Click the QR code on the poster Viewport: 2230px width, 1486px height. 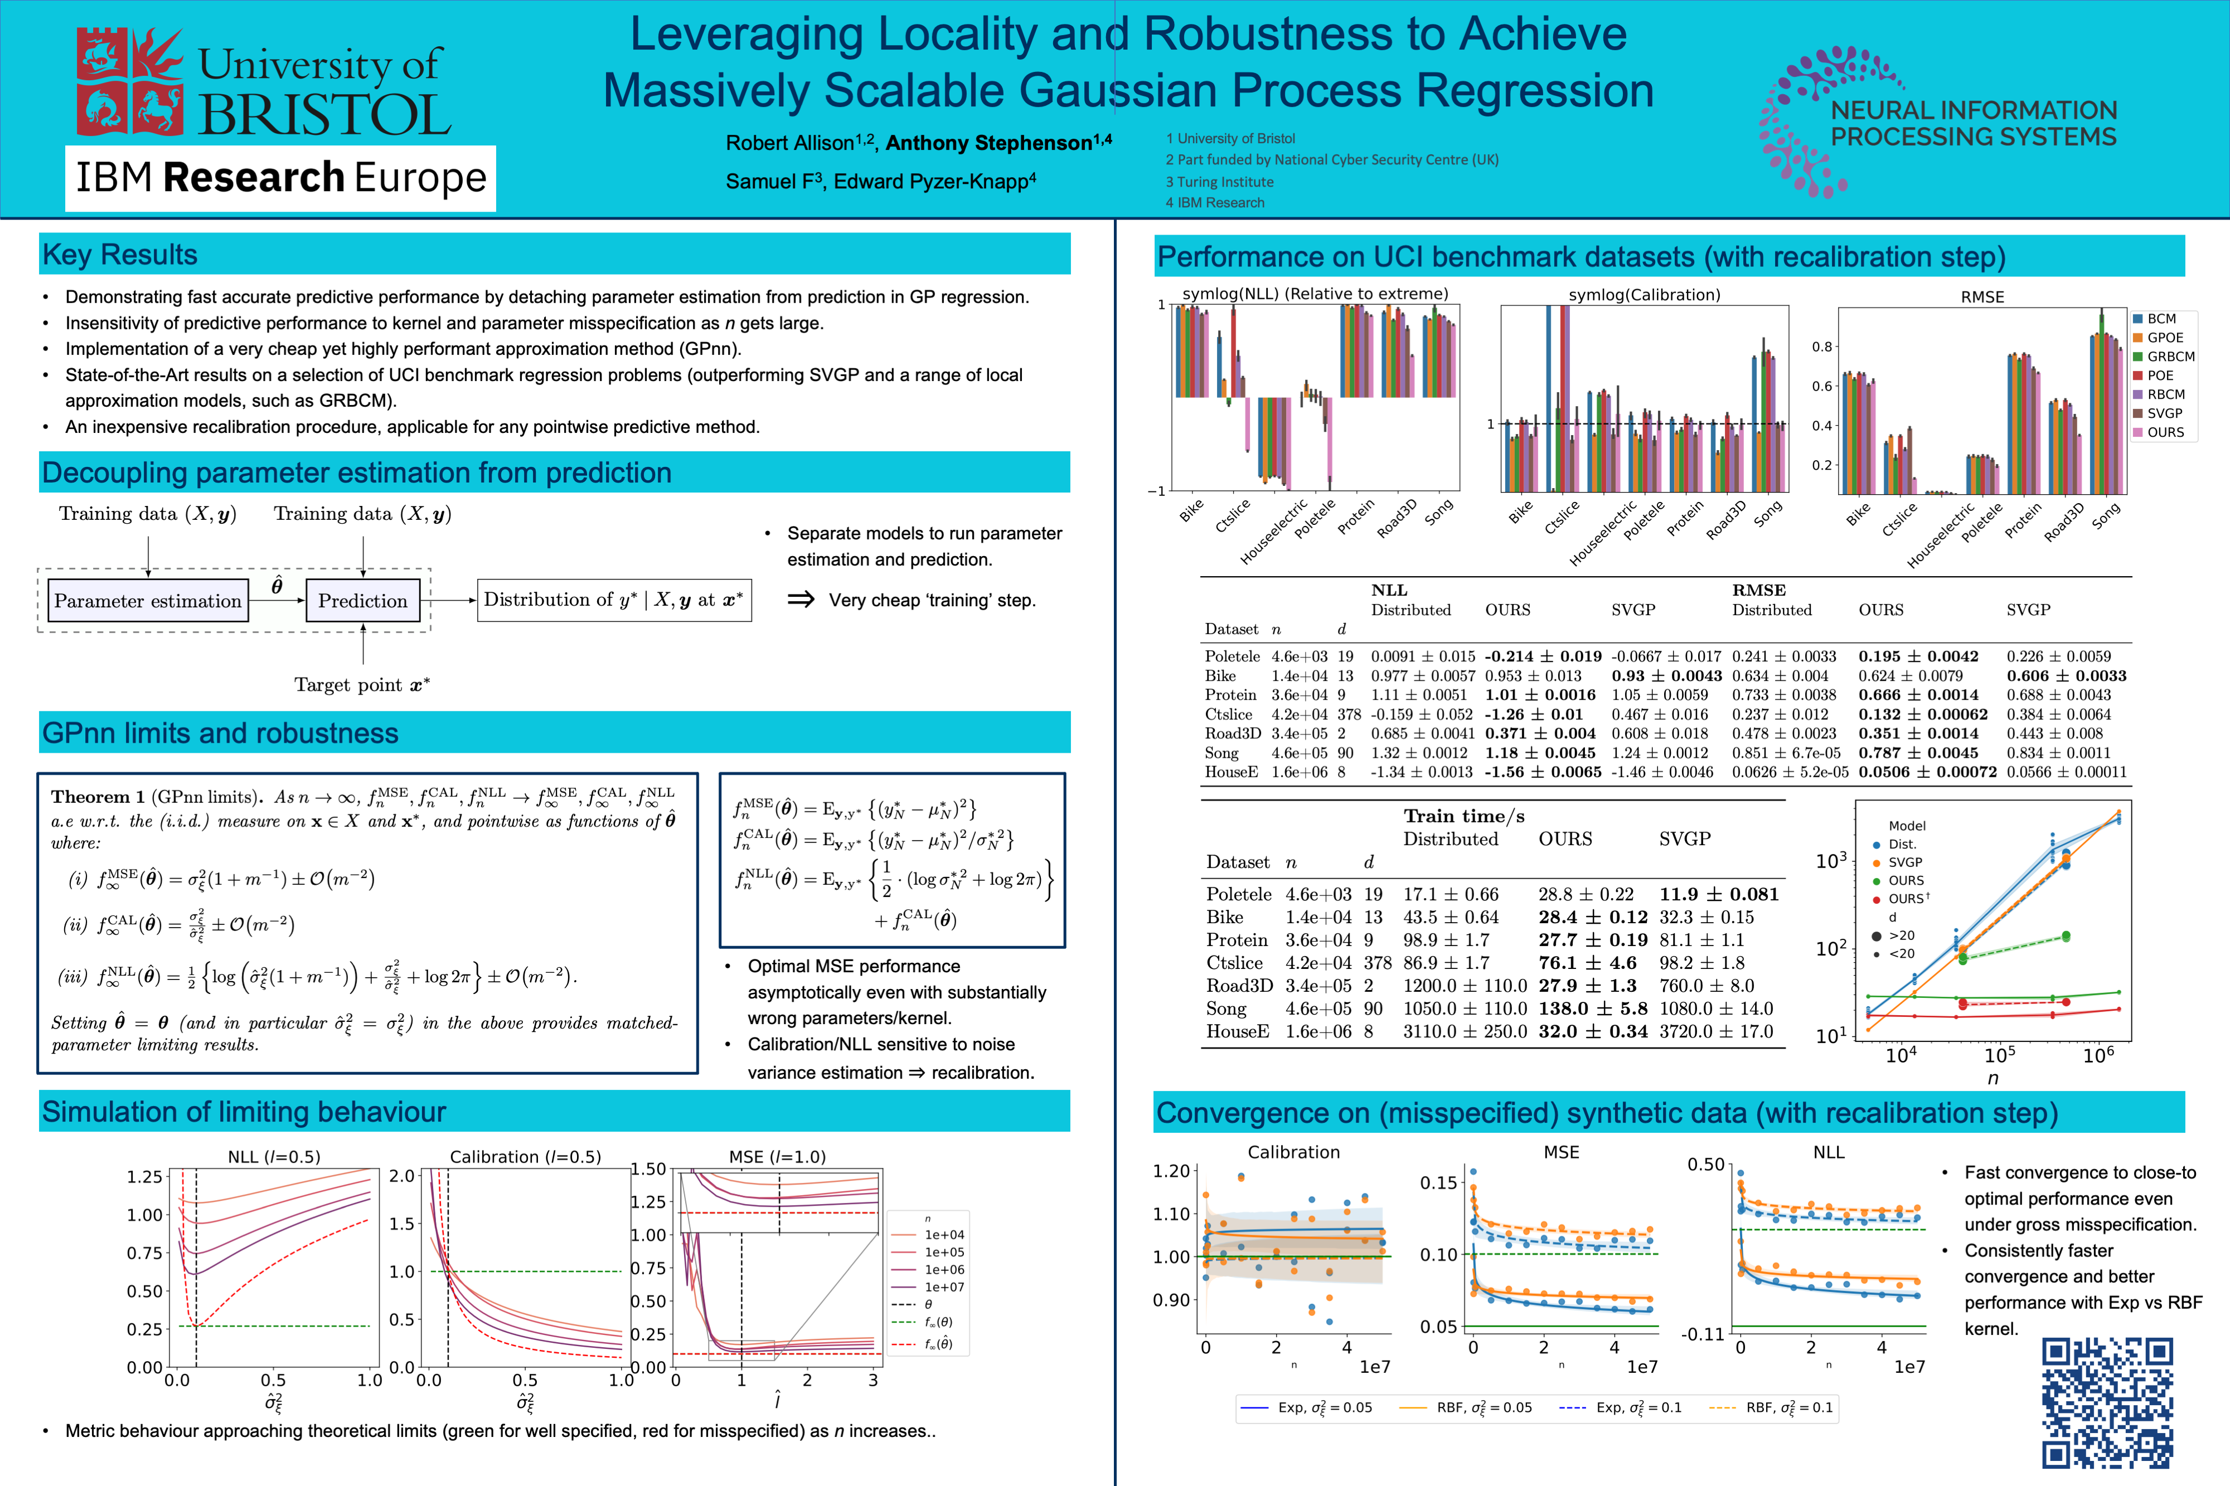tap(2107, 1402)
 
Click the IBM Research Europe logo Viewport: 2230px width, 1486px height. tap(280, 178)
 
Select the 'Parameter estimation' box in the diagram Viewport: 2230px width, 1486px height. tap(148, 601)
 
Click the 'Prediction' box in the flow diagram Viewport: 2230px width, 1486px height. tap(362, 601)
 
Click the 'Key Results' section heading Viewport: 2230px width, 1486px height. tap(120, 255)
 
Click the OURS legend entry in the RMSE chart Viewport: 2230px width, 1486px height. tap(2165, 432)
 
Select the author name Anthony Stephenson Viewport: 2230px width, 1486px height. tap(989, 143)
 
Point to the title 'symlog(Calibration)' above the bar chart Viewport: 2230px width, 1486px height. tap(1644, 295)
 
